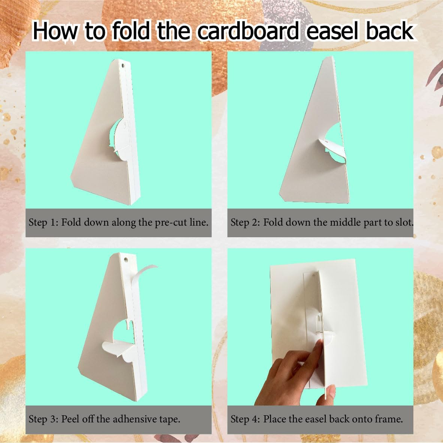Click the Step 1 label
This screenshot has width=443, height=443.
pyautogui.click(x=42, y=222)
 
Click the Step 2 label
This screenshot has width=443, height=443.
pyautogui.click(x=244, y=222)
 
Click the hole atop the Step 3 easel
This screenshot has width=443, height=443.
pyautogui.click(x=126, y=259)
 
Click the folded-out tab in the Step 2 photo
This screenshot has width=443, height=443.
pyautogui.click(x=330, y=146)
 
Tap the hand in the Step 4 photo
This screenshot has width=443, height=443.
pyautogui.click(x=296, y=375)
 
